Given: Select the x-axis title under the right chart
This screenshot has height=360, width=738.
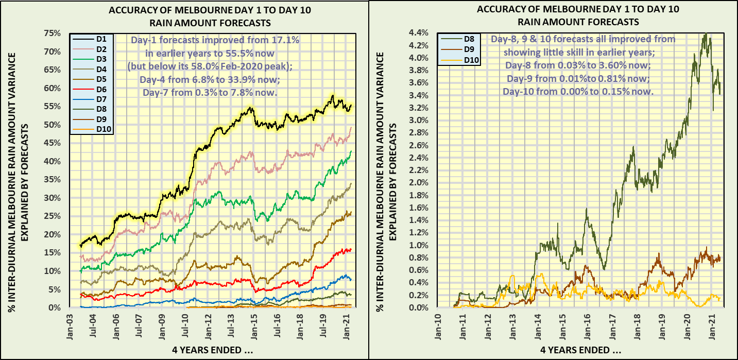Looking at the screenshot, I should coord(581,351).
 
